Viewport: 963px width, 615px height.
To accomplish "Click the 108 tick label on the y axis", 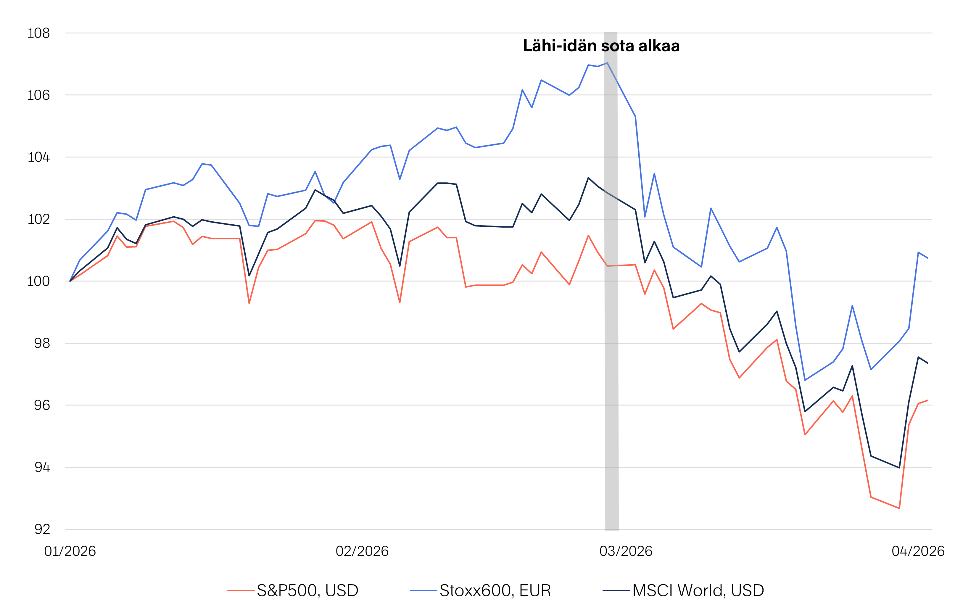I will pyautogui.click(x=38, y=33).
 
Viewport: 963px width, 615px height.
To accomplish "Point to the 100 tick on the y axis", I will pyautogui.click(x=38, y=281).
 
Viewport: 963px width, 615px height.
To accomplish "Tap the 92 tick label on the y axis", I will pyautogui.click(x=42, y=529).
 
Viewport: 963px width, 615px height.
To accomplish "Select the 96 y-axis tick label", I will pyautogui.click(x=42, y=405).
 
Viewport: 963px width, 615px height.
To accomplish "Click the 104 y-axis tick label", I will pyautogui.click(x=38, y=157).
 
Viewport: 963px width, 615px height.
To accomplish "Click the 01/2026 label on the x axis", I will pyautogui.click(x=70, y=551).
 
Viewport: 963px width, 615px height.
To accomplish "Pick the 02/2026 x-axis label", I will pyautogui.click(x=362, y=551).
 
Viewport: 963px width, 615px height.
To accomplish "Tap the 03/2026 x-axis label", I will pyautogui.click(x=626, y=551).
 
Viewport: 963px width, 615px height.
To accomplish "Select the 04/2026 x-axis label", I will pyautogui.click(x=918, y=551).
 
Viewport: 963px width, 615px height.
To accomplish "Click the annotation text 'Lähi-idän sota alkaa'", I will pyautogui.click(x=601, y=46).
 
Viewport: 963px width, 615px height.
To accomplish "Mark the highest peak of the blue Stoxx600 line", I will pyautogui.click(x=607, y=63).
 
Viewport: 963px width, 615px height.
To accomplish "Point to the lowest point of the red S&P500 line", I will pyautogui.click(x=899, y=508).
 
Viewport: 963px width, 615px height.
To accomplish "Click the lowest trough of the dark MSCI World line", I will pyautogui.click(x=899, y=467).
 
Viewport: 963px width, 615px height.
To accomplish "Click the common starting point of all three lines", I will pyautogui.click(x=70, y=281).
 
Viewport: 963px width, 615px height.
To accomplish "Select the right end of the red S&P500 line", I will pyautogui.click(x=928, y=400).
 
